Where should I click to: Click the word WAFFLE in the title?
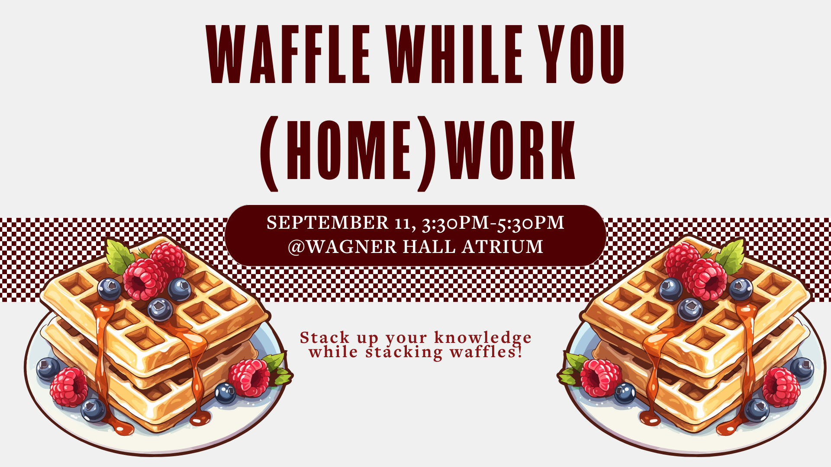[x=289, y=54]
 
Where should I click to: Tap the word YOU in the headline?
[x=584, y=54]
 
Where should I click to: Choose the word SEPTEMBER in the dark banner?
[x=327, y=223]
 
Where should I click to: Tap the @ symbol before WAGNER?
[x=296, y=247]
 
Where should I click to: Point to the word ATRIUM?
[x=502, y=247]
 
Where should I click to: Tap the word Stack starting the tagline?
[x=324, y=338]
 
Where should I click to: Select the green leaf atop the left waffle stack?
[x=119, y=256]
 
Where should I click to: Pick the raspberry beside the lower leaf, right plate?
[x=601, y=377]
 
